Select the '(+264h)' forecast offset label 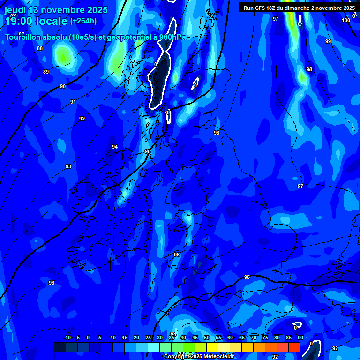click(83, 21)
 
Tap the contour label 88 click(40, 48)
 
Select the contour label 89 click(46, 72)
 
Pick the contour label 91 click(73, 102)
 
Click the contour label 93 click(68, 166)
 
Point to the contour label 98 click(309, 69)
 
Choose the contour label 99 click(328, 41)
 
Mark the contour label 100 click(346, 20)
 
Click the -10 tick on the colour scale click(67, 337)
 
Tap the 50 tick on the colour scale click(207, 337)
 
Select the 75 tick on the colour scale click(265, 337)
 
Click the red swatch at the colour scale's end click(294, 347)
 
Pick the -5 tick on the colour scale click(77, 337)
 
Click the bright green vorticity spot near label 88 click(62, 57)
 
